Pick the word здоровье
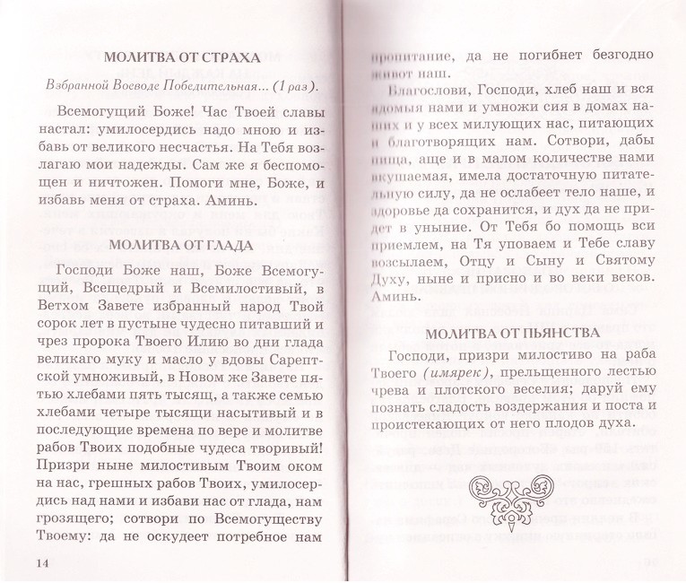tap(409, 220)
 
